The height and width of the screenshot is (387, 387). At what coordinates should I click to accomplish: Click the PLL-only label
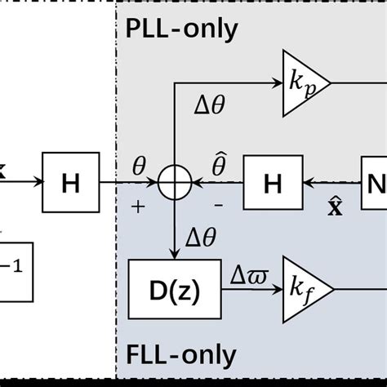(181, 29)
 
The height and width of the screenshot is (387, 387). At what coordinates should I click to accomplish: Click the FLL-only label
(181, 355)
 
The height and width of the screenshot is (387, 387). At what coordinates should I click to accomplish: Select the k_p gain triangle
(303, 83)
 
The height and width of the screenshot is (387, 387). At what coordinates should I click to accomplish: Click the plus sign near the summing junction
(138, 207)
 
